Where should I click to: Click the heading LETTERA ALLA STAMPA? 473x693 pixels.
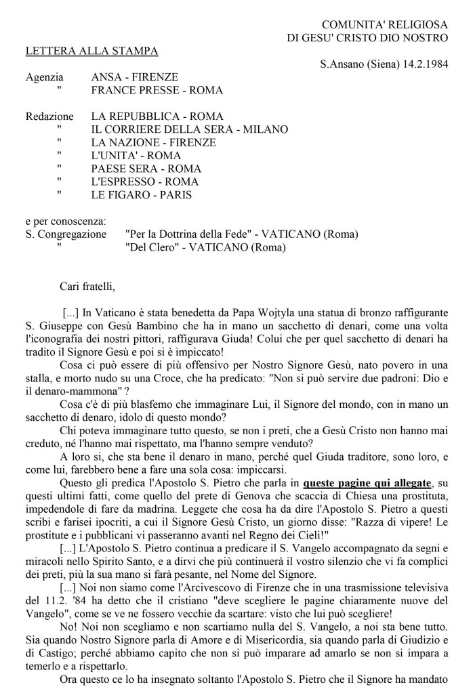pyautogui.click(x=91, y=51)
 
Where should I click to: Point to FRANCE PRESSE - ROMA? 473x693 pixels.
pyautogui.click(x=157, y=90)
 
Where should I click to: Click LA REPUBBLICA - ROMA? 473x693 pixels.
pyautogui.click(x=157, y=117)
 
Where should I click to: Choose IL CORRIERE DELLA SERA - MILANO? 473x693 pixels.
pyautogui.click(x=189, y=129)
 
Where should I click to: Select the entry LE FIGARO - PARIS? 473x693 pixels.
pyautogui.click(x=142, y=194)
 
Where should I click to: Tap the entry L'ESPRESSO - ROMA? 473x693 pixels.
pyautogui.click(x=144, y=182)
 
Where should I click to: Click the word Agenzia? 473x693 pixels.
pyautogui.click(x=45, y=77)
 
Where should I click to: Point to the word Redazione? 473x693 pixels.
pyautogui.click(x=49, y=117)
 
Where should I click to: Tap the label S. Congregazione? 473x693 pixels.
pyautogui.click(x=66, y=234)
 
